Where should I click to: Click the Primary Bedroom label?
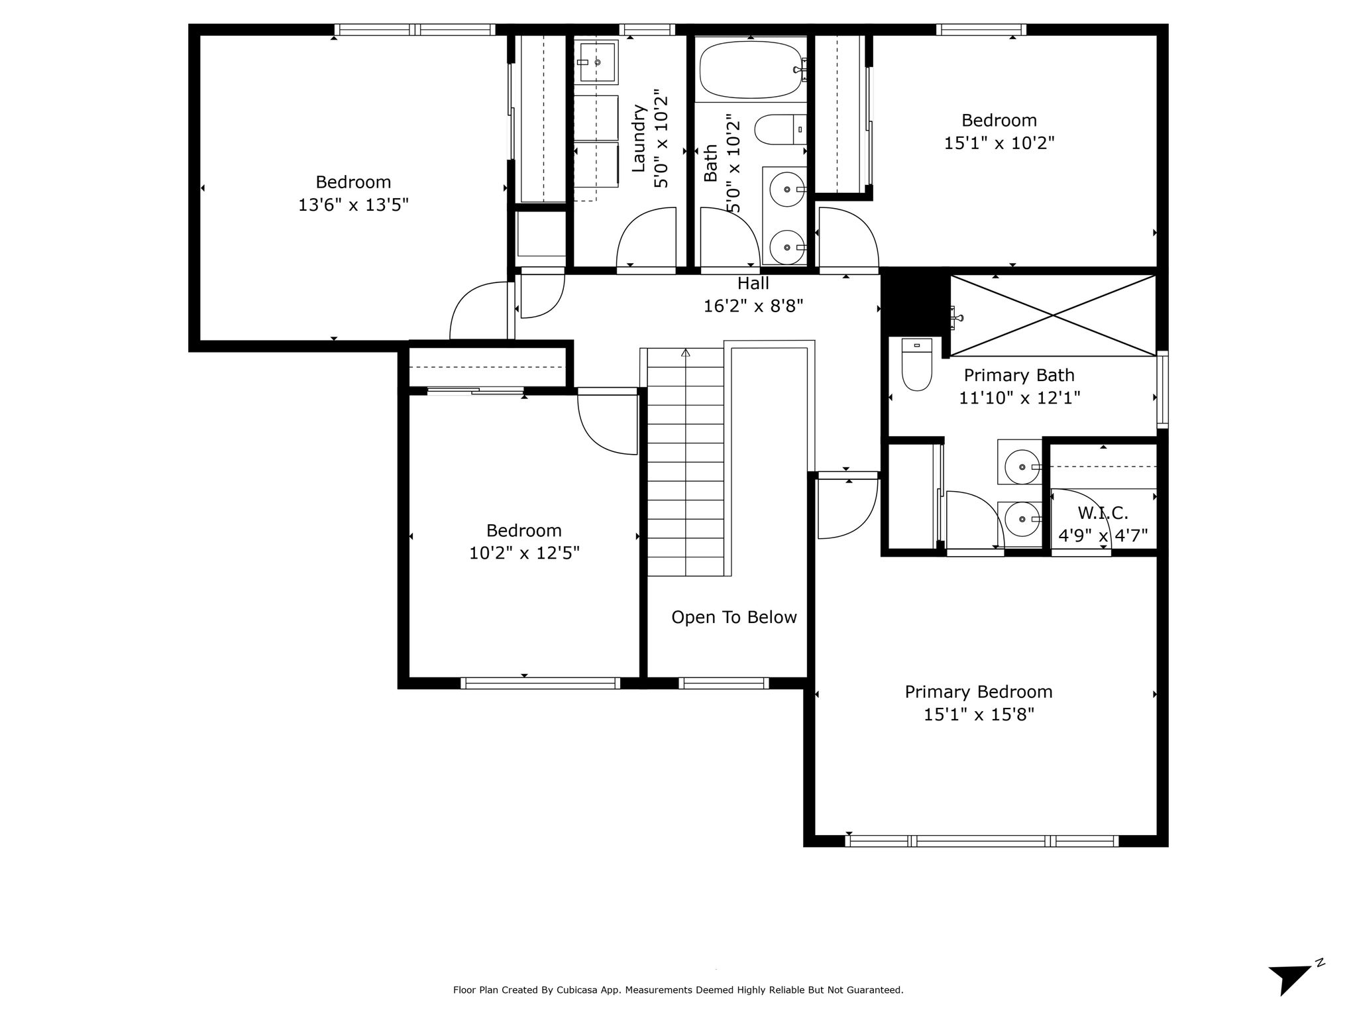tap(979, 692)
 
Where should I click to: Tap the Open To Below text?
tap(734, 618)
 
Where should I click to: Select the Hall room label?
tap(753, 284)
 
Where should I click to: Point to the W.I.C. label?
tap(1103, 513)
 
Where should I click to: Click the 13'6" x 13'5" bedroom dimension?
tap(353, 205)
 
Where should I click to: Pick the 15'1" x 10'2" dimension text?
tap(999, 143)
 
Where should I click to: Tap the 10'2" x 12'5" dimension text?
tap(524, 553)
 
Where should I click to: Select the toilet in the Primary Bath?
tap(917, 364)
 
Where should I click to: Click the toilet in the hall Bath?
tap(781, 130)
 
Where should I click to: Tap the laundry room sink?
tap(596, 62)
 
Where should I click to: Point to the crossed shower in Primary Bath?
tap(1054, 315)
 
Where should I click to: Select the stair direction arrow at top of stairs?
tap(686, 353)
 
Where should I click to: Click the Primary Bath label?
tap(1019, 376)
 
